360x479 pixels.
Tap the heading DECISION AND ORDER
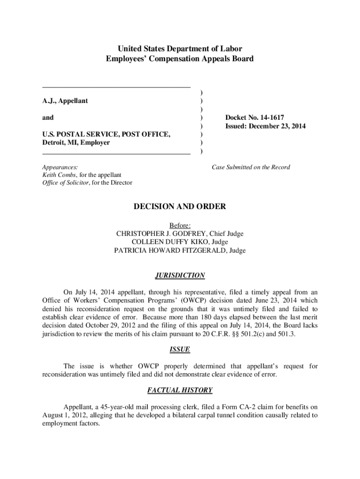click(x=180, y=207)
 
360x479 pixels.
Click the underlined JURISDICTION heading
click(x=180, y=276)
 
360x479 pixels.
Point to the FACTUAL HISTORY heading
click(x=180, y=390)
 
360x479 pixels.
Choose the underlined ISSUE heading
click(x=180, y=350)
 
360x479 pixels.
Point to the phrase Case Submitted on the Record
click(x=251, y=167)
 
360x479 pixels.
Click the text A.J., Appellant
click(x=65, y=101)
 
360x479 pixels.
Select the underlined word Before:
click(x=180, y=225)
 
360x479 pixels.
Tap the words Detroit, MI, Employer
click(x=76, y=143)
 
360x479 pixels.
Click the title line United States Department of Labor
click(x=180, y=49)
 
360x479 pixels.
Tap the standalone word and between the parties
click(x=48, y=118)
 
